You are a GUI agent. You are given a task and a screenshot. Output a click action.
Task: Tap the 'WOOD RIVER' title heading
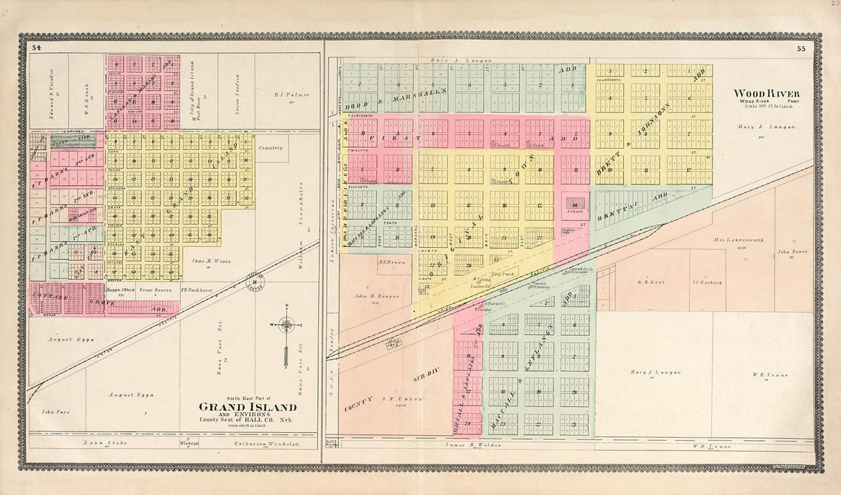tap(756, 93)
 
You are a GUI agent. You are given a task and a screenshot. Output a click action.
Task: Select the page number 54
tap(37, 48)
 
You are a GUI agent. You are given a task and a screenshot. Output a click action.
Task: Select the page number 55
tap(800, 48)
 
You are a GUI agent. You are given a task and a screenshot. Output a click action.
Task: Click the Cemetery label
tap(271, 148)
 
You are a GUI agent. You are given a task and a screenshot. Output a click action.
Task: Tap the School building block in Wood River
tap(574, 204)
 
